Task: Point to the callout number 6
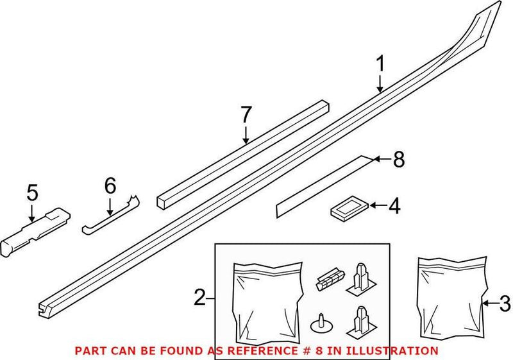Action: coord(110,187)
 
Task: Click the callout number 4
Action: coord(394,207)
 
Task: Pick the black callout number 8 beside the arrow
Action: coord(399,160)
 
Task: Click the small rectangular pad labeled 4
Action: coord(349,207)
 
